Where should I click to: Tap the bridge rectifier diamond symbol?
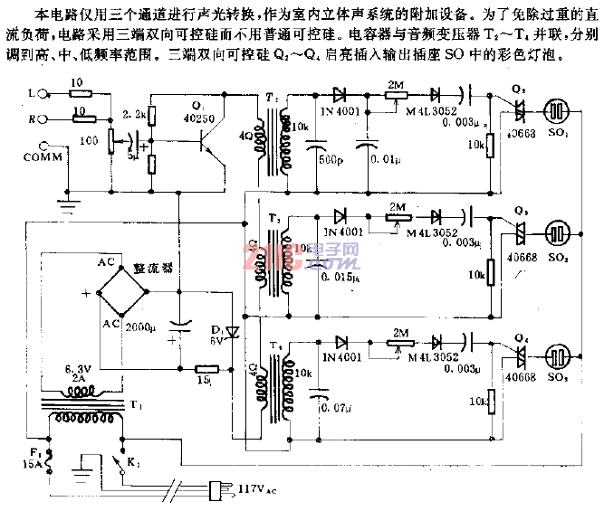(x=127, y=292)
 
